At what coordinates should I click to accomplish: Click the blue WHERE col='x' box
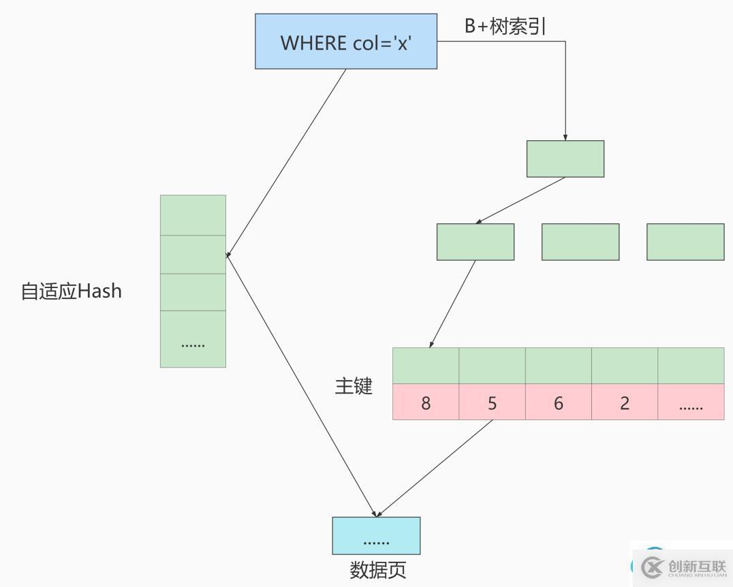(x=345, y=42)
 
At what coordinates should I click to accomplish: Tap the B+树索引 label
(x=505, y=27)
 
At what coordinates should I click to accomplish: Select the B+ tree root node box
(x=565, y=159)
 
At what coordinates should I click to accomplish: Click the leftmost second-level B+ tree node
(x=475, y=242)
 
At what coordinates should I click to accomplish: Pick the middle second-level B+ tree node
(x=580, y=242)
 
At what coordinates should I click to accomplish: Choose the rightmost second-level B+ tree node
(x=685, y=242)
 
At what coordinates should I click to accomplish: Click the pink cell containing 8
(x=426, y=402)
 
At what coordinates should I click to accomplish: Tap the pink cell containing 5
(x=492, y=402)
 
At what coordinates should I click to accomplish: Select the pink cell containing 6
(x=558, y=402)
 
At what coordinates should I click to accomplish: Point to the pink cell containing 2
(x=624, y=402)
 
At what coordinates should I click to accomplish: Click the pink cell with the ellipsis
(x=690, y=402)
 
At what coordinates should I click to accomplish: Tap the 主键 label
(x=354, y=386)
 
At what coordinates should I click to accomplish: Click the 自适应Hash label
(x=72, y=291)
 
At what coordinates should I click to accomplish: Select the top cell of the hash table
(x=193, y=215)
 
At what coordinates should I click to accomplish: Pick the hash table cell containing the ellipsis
(x=193, y=339)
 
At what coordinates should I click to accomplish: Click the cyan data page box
(x=376, y=536)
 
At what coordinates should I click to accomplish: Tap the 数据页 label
(x=378, y=570)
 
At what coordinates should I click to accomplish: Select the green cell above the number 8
(x=426, y=366)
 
